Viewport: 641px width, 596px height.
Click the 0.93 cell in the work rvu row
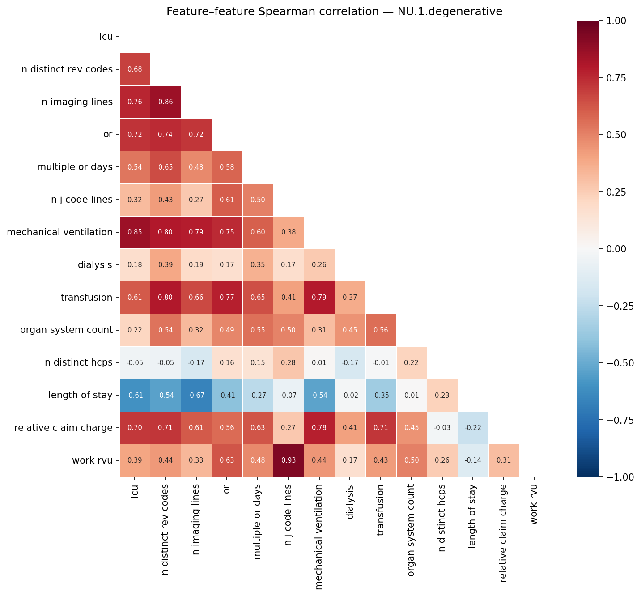pos(289,460)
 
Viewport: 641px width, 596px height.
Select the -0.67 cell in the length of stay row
pos(196,395)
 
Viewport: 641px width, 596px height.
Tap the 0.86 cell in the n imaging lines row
pos(166,102)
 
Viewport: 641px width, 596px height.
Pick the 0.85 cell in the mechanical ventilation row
pos(135,232)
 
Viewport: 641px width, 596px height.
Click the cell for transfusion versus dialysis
pos(350,298)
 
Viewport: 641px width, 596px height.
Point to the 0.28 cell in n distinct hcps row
pos(289,362)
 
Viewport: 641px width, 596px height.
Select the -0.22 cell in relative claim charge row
pos(473,428)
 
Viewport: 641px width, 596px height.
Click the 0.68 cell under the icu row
pos(135,69)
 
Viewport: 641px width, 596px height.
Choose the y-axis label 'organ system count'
pos(66,330)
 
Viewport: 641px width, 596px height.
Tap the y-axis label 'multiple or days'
pos(75,167)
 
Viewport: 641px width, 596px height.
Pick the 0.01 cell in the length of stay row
pos(412,395)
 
